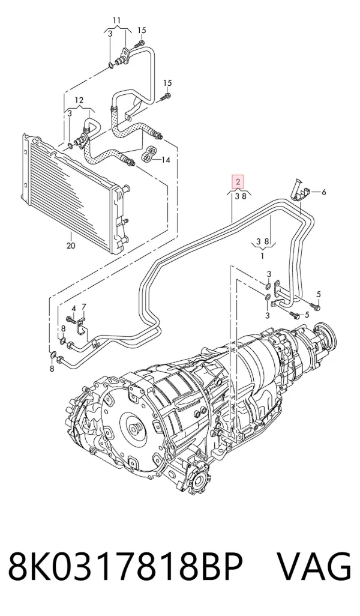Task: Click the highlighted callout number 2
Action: coord(238,181)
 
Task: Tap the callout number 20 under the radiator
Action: coord(71,246)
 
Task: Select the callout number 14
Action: coord(165,160)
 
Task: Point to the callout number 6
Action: coord(324,192)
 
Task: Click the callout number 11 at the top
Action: coord(117,20)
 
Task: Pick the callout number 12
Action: coord(79,100)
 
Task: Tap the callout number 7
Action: coord(83,306)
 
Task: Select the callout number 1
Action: coord(262,256)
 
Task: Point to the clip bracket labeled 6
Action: coord(300,190)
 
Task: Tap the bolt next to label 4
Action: coord(71,319)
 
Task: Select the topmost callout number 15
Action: coord(142,30)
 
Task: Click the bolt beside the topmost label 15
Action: coord(140,44)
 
